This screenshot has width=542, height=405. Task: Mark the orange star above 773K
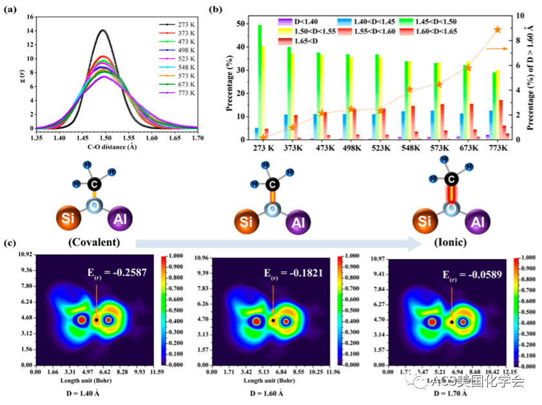[x=497, y=30]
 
